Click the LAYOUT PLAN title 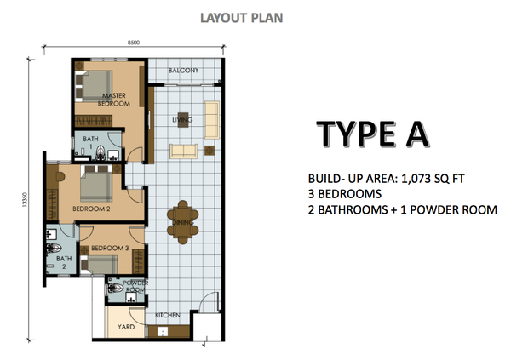pos(242,18)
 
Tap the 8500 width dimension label pos(134,43)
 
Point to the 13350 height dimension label pos(24,199)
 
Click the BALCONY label pos(183,71)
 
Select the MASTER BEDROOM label pos(114,100)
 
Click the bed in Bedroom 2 pos(96,184)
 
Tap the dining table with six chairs pos(183,222)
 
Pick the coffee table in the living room pos(182,119)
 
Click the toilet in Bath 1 pos(100,153)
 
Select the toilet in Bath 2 pos(54,249)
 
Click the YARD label pos(126,327)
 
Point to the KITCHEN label pos(167,315)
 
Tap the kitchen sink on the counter pos(163,331)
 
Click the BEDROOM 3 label pos(110,248)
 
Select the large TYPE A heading pos(373,134)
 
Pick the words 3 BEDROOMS pos(345,194)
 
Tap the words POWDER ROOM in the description pos(453,210)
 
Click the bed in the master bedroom pos(94,86)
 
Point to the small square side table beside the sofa pos(210,151)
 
